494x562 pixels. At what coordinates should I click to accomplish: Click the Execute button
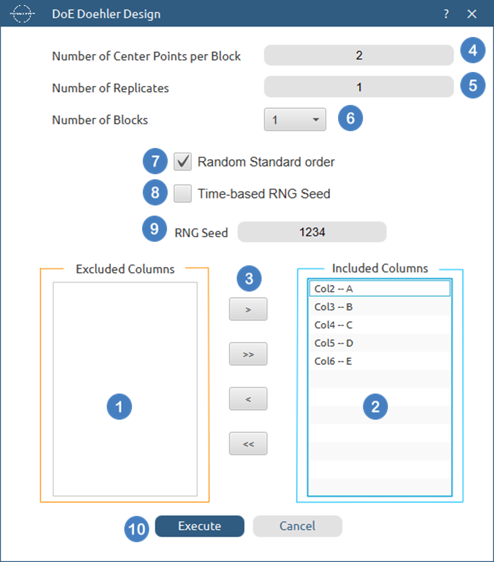click(x=199, y=526)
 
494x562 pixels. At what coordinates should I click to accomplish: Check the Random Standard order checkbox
click(x=183, y=162)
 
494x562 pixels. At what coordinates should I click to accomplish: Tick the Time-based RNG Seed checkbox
click(x=183, y=193)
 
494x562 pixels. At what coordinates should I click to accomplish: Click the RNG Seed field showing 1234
click(x=312, y=232)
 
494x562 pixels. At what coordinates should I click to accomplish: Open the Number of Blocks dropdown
click(x=295, y=119)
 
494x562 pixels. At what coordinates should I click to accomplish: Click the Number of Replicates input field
click(x=359, y=87)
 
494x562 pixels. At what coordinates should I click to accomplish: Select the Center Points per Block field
click(x=359, y=55)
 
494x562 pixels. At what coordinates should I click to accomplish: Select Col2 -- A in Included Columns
click(x=380, y=289)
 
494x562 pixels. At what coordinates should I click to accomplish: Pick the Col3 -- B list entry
click(x=380, y=307)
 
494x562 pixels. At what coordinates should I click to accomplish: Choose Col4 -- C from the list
click(x=380, y=325)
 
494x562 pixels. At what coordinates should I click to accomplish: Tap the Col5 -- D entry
click(x=380, y=343)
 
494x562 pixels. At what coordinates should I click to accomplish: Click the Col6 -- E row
click(x=380, y=361)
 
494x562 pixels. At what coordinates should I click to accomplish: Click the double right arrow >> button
click(x=248, y=354)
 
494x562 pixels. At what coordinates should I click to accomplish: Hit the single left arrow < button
click(x=248, y=399)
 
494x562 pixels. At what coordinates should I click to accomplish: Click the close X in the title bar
click(x=472, y=14)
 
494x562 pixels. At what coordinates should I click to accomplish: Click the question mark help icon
click(x=446, y=14)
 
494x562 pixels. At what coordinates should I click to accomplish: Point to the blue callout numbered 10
click(x=137, y=529)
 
